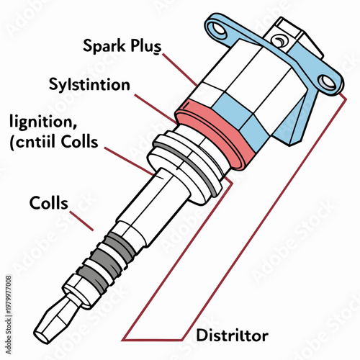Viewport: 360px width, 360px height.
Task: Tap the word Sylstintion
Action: pos(90,85)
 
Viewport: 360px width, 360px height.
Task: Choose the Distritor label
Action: pos(232,336)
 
